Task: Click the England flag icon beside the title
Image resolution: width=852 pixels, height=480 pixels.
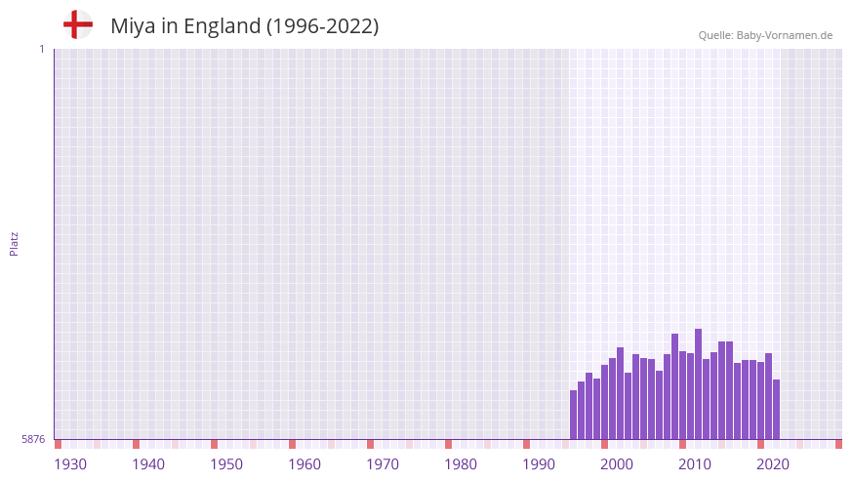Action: coord(77,24)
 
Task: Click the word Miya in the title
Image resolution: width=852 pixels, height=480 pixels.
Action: coord(132,26)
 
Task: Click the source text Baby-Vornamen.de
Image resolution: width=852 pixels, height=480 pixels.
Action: coord(784,35)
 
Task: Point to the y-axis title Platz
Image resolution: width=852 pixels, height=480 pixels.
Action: coord(14,244)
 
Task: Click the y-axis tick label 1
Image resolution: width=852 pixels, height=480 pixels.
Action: coord(41,49)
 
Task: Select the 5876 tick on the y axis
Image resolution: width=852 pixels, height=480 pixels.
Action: coord(33,439)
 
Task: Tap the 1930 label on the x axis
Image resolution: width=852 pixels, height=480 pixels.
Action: coord(70,464)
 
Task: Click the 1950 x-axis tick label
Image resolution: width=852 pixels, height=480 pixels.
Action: coord(226,464)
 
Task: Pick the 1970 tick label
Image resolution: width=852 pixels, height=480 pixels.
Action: coord(383,464)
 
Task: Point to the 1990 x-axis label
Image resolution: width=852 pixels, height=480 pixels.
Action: coord(539,464)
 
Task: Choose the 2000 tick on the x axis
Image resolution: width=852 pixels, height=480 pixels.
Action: coord(617,464)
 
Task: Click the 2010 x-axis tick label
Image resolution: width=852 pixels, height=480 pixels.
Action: coord(695,464)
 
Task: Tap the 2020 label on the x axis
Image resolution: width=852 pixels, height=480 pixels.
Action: coord(773,464)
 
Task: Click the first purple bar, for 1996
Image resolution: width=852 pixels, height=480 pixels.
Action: coord(574,415)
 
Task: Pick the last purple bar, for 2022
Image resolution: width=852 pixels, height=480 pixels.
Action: coord(776,409)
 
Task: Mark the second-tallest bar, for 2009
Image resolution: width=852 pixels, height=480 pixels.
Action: coord(674,386)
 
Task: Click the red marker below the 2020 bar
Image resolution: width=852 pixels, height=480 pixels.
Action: coord(760,444)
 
